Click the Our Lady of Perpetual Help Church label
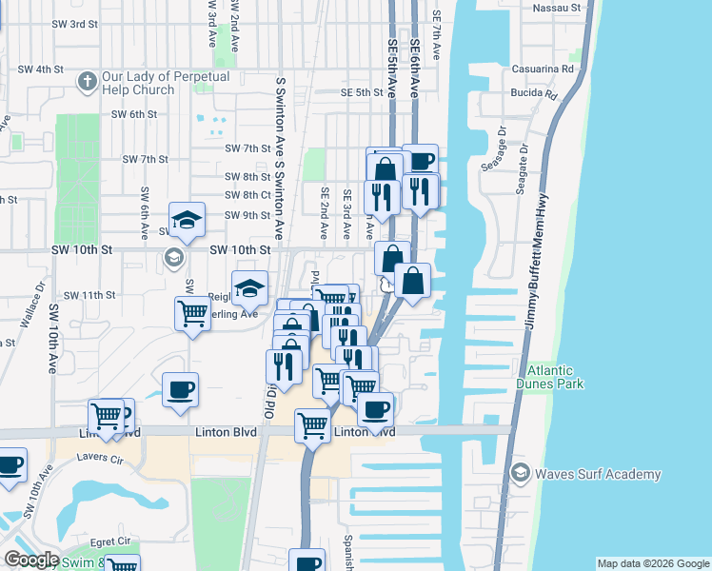pos(138,84)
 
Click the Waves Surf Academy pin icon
pos(521,473)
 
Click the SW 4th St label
pos(41,69)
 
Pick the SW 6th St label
pos(133,114)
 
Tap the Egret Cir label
pos(112,541)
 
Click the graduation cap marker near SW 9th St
pos(188,221)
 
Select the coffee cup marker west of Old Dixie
pos(180,389)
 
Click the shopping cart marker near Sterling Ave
pos(192,313)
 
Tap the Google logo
pos(31,561)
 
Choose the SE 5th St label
pos(362,92)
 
